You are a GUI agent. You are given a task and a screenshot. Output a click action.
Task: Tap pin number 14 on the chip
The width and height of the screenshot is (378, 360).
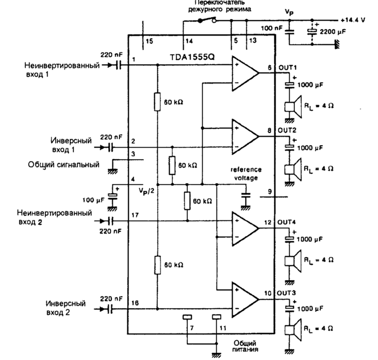188,40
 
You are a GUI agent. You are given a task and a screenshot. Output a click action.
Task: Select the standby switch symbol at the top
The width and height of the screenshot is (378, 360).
206,21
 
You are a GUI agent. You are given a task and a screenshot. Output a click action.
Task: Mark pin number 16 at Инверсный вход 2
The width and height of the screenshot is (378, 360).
134,304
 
